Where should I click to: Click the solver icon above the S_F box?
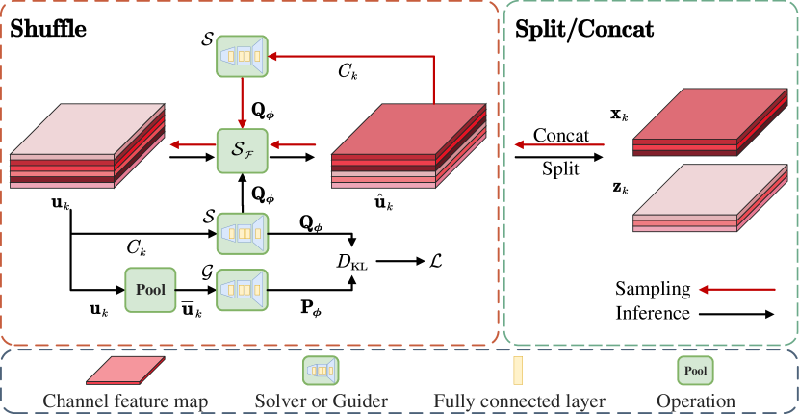[x=242, y=56]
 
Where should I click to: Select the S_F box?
[x=242, y=149]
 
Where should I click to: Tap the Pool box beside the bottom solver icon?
[x=150, y=290]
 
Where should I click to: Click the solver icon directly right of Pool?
[x=242, y=290]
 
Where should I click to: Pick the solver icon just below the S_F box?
[x=242, y=233]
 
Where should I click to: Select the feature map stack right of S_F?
[x=408, y=146]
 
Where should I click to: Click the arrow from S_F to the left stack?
[x=192, y=145]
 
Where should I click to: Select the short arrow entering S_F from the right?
[x=294, y=145]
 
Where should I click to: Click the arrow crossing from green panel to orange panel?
[x=558, y=145]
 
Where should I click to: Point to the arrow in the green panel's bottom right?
[x=736, y=289]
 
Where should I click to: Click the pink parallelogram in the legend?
[x=125, y=371]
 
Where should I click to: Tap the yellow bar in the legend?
[x=517, y=371]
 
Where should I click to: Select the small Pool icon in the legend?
[x=695, y=370]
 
